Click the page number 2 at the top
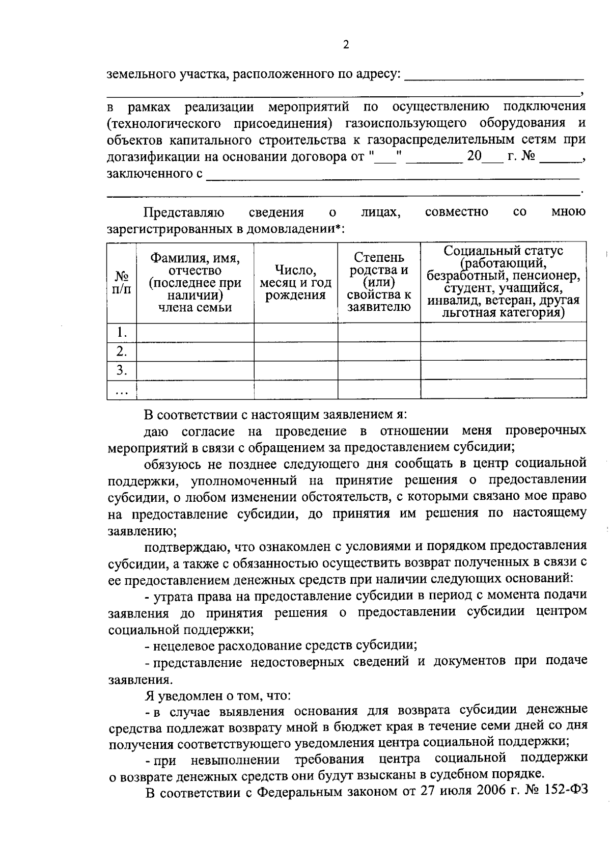click(346, 45)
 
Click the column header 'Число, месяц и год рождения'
click(295, 282)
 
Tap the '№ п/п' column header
click(122, 282)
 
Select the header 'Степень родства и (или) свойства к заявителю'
click(379, 282)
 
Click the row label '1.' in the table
click(122, 333)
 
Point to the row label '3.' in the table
click(122, 370)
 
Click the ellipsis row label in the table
click(122, 391)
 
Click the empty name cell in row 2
click(195, 352)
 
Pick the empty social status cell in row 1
click(503, 333)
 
